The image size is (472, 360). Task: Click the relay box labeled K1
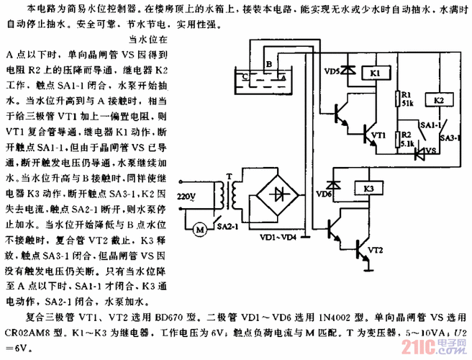pyautogui.click(x=376, y=74)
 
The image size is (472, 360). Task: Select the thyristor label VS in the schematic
pyautogui.click(x=432, y=150)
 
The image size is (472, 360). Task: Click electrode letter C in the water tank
pyautogui.click(x=246, y=74)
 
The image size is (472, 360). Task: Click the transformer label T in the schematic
pyautogui.click(x=227, y=175)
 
